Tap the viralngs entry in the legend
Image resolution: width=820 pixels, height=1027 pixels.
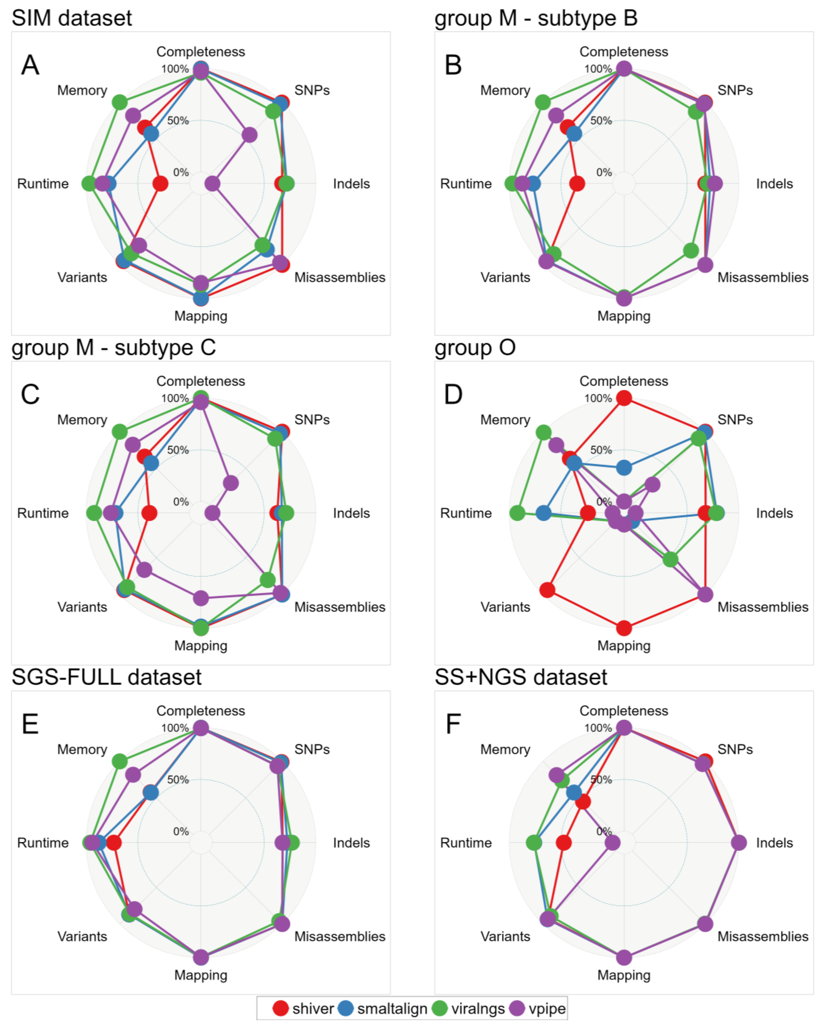(468, 1009)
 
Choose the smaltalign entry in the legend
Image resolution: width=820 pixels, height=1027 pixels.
(382, 1009)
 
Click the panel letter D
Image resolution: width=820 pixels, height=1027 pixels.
(453, 394)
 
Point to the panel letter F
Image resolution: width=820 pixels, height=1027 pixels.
(453, 724)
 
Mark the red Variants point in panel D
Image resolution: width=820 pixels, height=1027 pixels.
(547, 590)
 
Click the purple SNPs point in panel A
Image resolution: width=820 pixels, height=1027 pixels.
(249, 135)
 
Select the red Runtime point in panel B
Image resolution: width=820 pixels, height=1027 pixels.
(577, 183)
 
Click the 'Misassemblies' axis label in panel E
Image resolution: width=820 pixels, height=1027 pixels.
(339, 936)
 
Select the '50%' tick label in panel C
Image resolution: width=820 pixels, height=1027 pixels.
(178, 450)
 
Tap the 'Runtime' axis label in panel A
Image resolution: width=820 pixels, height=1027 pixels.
(43, 184)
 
